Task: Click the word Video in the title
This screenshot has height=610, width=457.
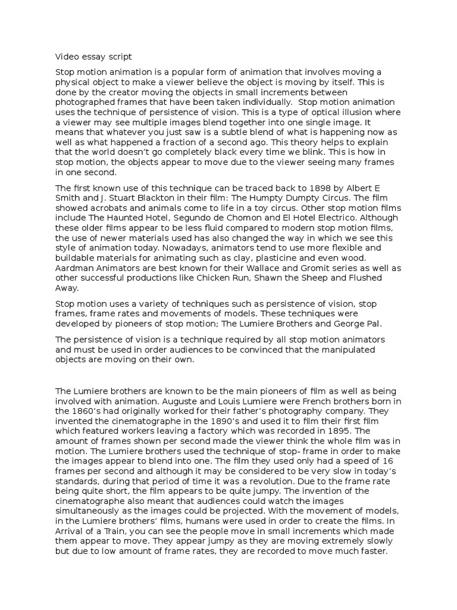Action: (x=67, y=57)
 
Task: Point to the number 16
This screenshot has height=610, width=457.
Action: (x=379, y=460)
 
